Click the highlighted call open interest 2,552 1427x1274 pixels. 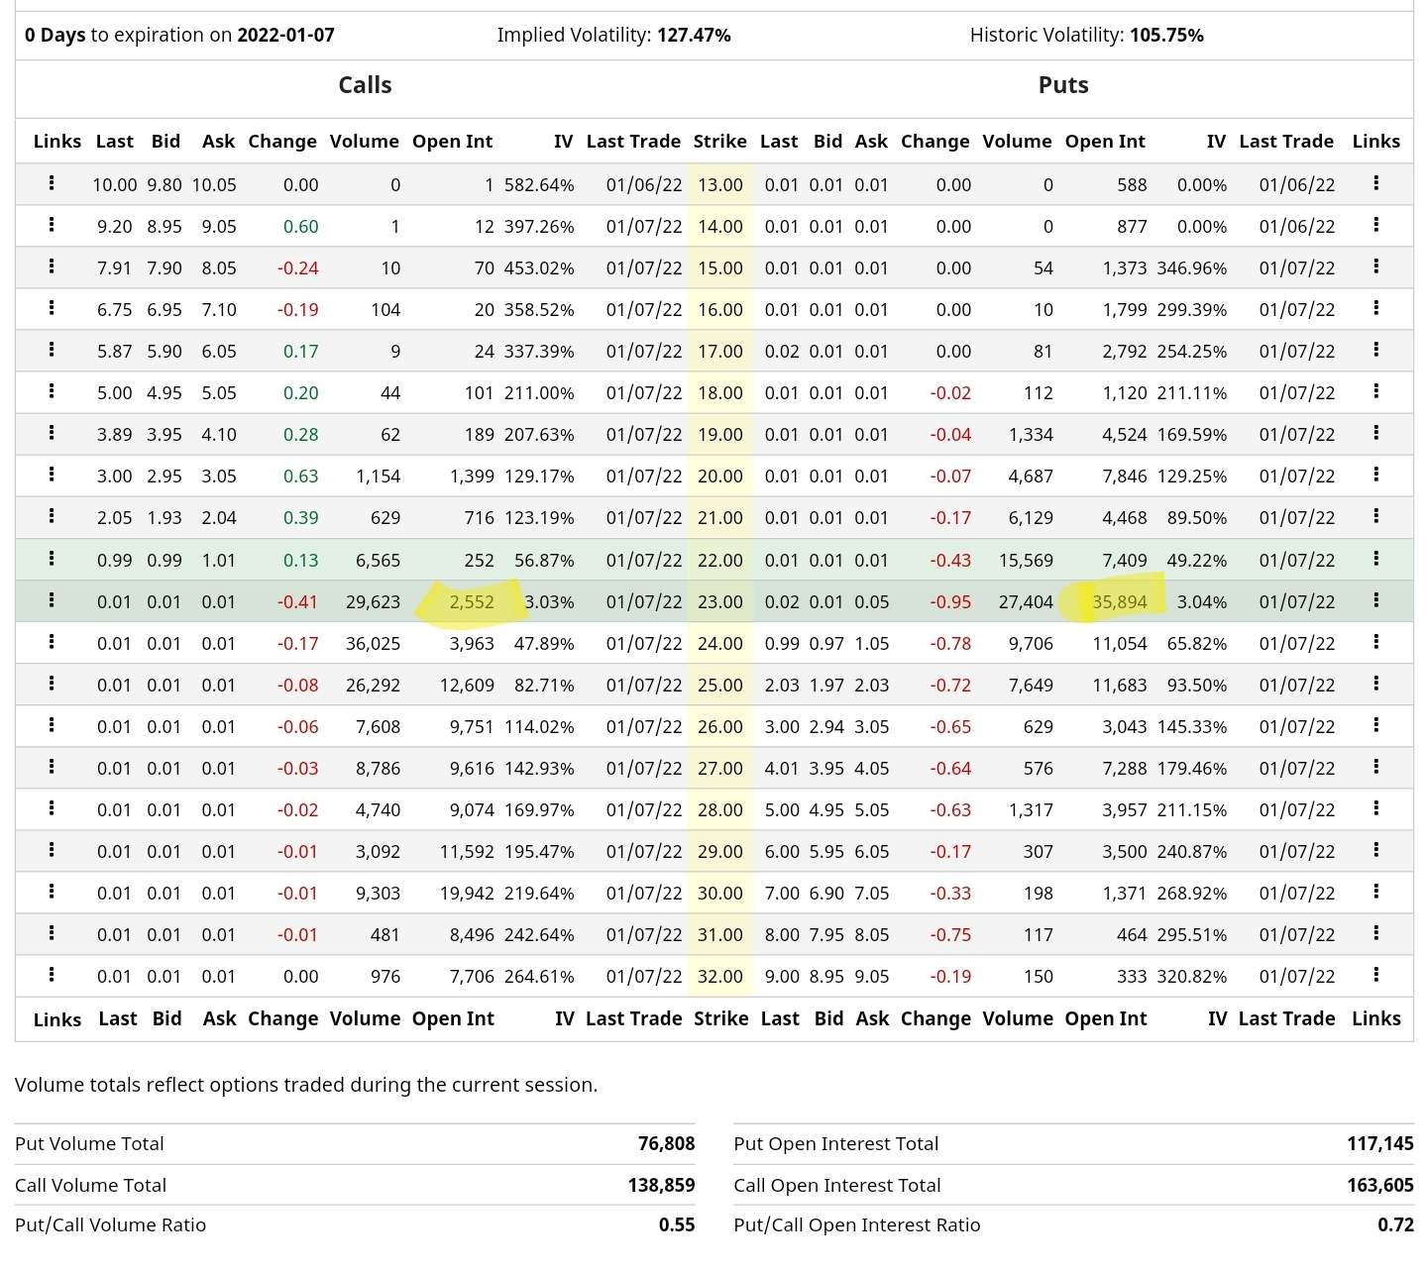[472, 602]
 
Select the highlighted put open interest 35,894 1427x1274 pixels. [1120, 602]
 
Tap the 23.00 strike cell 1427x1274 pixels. [720, 602]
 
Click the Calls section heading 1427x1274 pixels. [365, 85]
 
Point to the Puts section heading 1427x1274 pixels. [1063, 85]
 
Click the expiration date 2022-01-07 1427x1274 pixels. [285, 36]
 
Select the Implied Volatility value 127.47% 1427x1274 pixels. [694, 36]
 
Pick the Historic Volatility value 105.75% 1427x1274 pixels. [1166, 36]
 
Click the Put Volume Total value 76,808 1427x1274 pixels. [666, 1144]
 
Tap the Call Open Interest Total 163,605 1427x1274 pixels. [1379, 1186]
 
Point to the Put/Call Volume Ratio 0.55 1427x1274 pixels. [677, 1225]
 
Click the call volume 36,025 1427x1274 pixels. [373, 644]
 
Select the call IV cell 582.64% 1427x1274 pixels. [539, 185]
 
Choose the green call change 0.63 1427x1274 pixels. [300, 477]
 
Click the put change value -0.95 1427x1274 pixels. [950, 602]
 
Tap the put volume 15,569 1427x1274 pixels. [1026, 561]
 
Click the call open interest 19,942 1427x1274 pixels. [467, 894]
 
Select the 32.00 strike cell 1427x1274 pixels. [720, 977]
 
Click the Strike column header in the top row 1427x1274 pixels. [720, 142]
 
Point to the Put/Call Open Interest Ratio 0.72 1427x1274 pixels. [1395, 1225]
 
